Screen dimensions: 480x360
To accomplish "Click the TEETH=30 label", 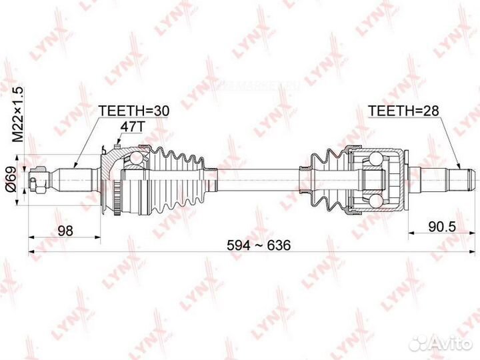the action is (133, 111).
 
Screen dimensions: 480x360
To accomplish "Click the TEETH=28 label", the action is (403, 111).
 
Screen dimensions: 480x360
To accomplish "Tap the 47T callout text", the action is (131, 127).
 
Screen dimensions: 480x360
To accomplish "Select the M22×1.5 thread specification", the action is (19, 114).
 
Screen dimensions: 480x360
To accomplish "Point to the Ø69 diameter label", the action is (11, 179).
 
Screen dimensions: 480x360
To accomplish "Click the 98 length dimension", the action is (65, 230).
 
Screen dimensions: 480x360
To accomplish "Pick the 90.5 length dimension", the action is (442, 227).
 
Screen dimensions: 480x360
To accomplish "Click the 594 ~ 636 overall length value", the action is (259, 245).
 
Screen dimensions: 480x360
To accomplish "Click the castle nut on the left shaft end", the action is (39, 180).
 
